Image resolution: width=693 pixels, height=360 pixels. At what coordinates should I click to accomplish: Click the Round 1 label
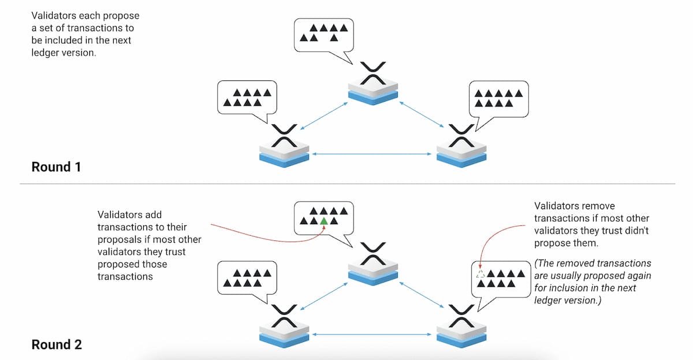click(56, 168)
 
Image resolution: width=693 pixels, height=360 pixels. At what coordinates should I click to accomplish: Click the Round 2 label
click(56, 345)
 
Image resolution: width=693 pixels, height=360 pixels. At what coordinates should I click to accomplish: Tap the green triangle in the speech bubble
click(324, 221)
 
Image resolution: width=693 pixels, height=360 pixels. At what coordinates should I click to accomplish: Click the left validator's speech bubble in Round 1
click(247, 98)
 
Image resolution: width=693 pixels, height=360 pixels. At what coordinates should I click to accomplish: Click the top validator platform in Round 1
click(373, 94)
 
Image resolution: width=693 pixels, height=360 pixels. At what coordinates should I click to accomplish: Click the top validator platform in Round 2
click(373, 272)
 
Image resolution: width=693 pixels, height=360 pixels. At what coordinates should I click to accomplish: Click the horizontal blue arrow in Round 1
click(372, 154)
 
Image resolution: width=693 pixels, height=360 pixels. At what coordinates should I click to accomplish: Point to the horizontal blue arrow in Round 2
click(372, 334)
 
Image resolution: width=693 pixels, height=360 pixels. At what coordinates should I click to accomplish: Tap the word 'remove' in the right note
click(598, 206)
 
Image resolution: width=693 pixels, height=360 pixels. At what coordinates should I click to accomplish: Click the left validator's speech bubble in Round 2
click(247, 277)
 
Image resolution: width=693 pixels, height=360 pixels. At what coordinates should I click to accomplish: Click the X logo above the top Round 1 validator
click(373, 73)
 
